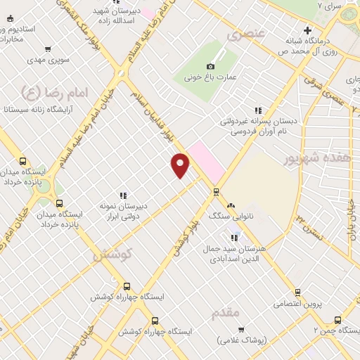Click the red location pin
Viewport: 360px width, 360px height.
click(181, 165)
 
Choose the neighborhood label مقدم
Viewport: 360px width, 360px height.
click(224, 311)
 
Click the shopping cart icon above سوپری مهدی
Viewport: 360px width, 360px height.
click(47, 49)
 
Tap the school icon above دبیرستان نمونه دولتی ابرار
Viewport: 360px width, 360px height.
click(123, 195)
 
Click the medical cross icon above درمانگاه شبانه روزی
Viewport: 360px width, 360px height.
click(307, 30)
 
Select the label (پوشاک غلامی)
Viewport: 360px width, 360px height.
click(243, 340)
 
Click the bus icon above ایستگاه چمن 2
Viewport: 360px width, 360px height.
click(337, 319)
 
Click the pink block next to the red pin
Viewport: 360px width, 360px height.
click(205, 159)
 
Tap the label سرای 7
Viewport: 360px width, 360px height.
click(328, 6)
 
